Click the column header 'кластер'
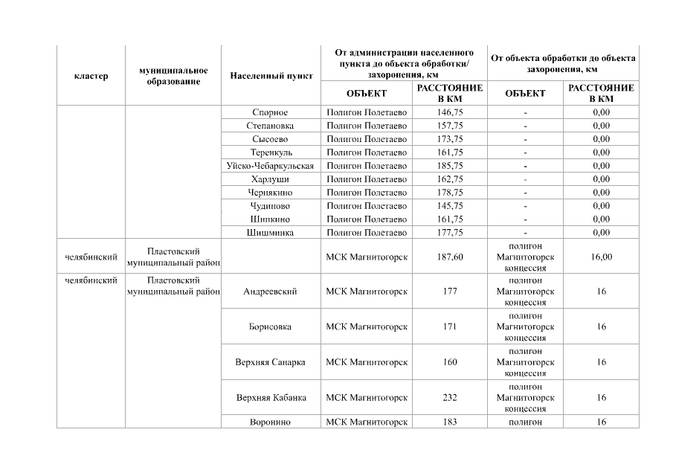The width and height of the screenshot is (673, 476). tap(91, 76)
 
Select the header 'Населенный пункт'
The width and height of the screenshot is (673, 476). tap(271, 76)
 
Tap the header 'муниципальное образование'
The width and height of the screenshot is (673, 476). tap(173, 76)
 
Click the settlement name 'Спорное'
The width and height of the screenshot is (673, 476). tap(270, 112)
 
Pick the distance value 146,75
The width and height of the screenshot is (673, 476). tap(449, 112)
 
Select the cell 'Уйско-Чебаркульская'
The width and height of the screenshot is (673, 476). tap(270, 166)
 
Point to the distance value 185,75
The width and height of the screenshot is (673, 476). tap(449, 166)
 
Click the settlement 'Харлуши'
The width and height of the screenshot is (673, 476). tap(270, 179)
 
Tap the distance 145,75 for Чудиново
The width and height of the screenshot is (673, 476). tap(449, 206)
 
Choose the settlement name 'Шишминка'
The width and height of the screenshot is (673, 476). tap(270, 233)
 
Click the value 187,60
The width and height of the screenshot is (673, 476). tap(449, 257)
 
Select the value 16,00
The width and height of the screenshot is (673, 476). tap(601, 257)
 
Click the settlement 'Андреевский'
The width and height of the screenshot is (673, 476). tap(270, 292)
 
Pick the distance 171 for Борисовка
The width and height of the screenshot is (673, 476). tap(449, 327)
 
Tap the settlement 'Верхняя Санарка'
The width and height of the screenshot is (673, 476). tap(270, 362)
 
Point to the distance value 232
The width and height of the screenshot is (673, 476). tap(449, 397)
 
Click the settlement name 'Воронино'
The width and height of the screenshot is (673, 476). tap(270, 422)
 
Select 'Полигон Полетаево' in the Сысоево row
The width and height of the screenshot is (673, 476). tap(367, 139)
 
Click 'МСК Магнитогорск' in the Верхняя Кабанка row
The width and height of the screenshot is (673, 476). tap(367, 397)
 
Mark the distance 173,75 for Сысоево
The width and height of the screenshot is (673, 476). tap(449, 139)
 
